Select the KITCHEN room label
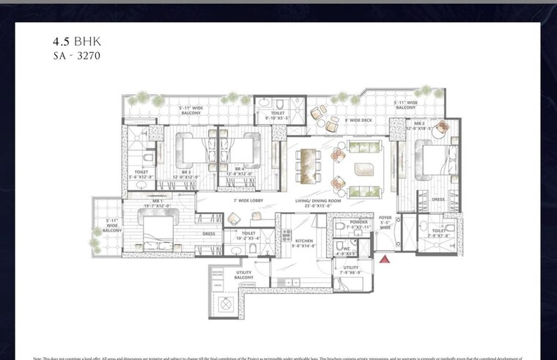pos(304,240)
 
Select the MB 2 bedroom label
pos(420,124)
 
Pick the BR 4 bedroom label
pos(239,169)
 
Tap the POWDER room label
pos(359,222)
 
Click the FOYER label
pos(386,218)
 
